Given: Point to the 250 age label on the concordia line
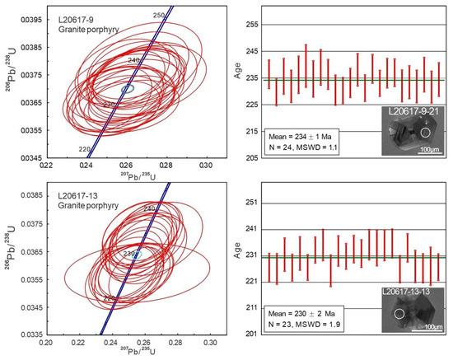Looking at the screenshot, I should pos(158,15).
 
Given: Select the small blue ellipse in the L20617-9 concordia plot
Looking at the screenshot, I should pos(127,88).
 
